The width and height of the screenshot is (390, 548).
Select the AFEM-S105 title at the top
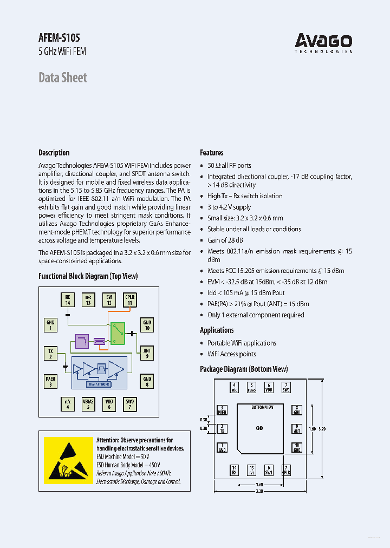click(59, 37)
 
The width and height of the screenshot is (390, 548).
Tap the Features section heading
click(211, 153)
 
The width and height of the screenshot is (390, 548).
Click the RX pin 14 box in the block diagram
click(68, 300)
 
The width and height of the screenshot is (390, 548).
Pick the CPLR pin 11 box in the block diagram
click(129, 300)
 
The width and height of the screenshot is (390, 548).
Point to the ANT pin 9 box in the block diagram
click(147, 354)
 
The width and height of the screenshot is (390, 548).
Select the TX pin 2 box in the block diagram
click(50, 354)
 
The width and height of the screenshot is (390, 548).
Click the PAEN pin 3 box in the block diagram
click(50, 381)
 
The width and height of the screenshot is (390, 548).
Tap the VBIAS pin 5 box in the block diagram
click(88, 404)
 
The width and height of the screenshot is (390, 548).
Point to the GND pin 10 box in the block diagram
click(147, 325)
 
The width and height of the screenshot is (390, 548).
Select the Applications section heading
click(217, 330)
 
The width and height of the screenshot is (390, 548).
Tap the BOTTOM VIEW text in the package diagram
click(263, 407)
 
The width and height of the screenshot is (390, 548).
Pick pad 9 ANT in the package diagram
click(297, 428)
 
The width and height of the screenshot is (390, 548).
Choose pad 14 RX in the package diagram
click(235, 470)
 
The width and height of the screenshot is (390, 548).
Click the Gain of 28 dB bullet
click(225, 240)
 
